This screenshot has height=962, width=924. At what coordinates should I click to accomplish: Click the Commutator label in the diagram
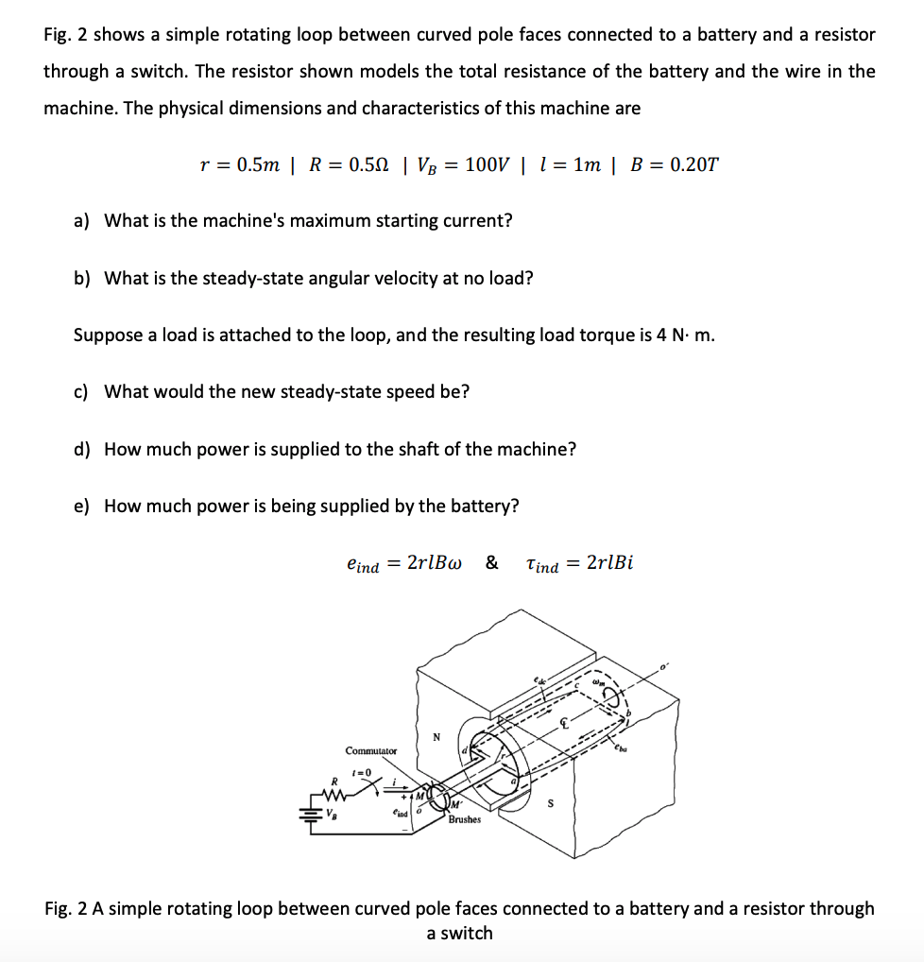click(x=371, y=750)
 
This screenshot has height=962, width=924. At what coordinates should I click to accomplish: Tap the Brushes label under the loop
click(x=464, y=819)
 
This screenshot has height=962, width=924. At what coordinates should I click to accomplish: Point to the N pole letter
click(x=436, y=736)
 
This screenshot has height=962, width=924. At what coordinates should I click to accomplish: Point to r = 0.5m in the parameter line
click(x=240, y=164)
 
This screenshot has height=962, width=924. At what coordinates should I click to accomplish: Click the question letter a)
click(x=82, y=221)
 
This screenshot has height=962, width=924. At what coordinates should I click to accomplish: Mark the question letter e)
click(x=82, y=506)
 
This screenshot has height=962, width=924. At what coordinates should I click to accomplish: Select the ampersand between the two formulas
click(x=492, y=563)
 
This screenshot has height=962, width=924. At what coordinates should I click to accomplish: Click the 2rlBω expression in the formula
click(x=435, y=563)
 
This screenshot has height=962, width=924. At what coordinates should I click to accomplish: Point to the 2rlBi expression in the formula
click(x=610, y=563)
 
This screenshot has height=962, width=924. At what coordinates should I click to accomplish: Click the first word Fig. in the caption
click(x=61, y=908)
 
